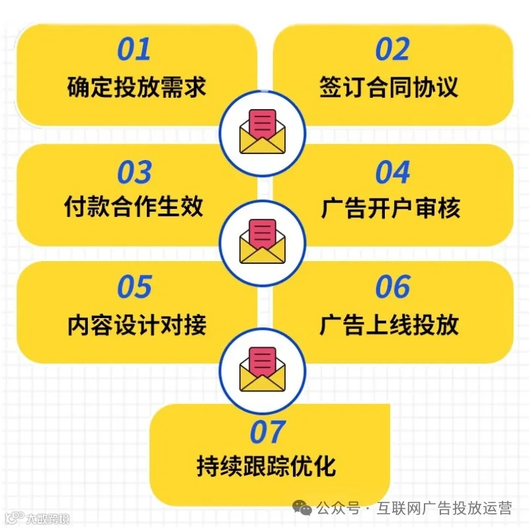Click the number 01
(x=134, y=50)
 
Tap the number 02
(x=393, y=50)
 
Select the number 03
(x=134, y=173)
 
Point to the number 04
(x=393, y=173)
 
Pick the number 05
(x=134, y=287)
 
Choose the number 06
(x=393, y=287)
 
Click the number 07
(x=267, y=432)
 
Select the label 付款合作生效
(x=134, y=208)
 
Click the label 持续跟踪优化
(x=266, y=466)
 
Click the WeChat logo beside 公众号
(x=304, y=509)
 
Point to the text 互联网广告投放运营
(x=444, y=509)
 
